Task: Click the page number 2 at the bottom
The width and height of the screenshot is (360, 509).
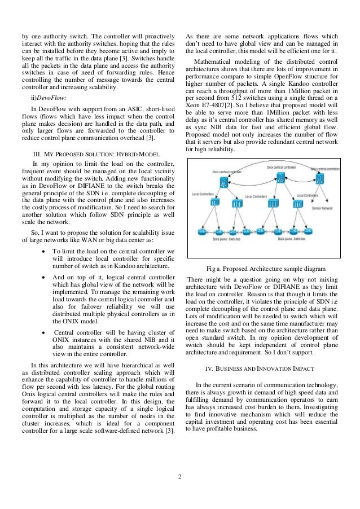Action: (179, 480)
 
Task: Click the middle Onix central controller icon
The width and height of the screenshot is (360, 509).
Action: (280, 179)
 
